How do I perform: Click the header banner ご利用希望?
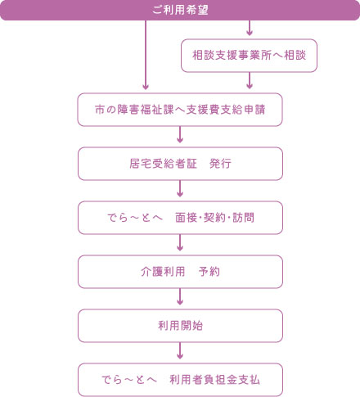(180, 10)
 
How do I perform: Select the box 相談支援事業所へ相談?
(248, 56)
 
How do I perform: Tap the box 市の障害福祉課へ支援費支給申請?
(180, 110)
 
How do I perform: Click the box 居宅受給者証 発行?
(180, 164)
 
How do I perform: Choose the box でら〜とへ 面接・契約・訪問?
(180, 218)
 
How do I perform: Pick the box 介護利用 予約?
(180, 272)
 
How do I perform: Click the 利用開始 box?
(180, 326)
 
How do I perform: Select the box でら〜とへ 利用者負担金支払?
(180, 380)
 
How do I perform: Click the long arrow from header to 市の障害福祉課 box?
(146, 54)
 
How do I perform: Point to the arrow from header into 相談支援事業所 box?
(249, 29)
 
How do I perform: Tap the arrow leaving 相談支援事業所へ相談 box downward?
(249, 81)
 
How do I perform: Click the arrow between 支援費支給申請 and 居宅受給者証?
(180, 136)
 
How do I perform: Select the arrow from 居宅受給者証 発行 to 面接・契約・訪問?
(180, 190)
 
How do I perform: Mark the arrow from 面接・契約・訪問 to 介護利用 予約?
(180, 244)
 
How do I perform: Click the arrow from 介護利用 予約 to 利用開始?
(180, 298)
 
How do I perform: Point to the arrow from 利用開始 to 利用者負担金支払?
(180, 352)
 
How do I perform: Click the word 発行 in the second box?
(220, 164)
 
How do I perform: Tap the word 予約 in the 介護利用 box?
(209, 272)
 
